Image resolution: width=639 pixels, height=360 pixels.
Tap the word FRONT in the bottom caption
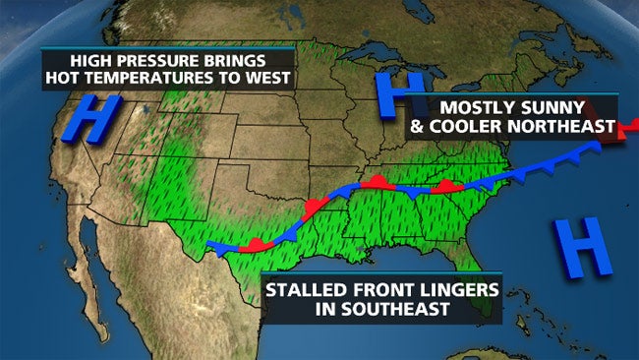383,291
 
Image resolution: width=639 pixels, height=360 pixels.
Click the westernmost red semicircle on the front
253,242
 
